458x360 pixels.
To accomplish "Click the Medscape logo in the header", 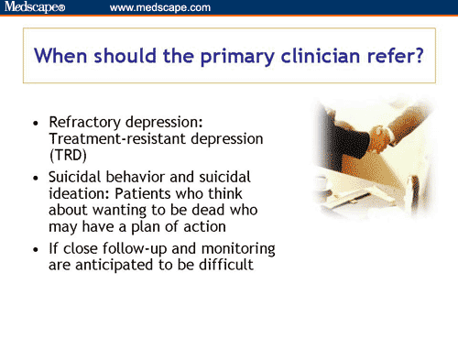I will coord(36,7).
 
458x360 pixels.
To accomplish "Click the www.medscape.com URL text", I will coord(159,7).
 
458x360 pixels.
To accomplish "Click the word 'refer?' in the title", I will coord(390,56).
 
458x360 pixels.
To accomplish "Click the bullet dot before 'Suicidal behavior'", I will coord(35,176).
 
